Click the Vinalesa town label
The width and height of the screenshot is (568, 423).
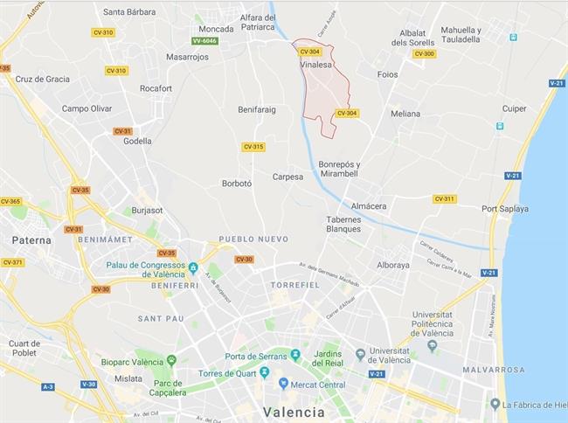(x=315, y=65)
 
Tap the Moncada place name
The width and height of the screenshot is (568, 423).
(x=216, y=29)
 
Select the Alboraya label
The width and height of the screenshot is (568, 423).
(x=393, y=265)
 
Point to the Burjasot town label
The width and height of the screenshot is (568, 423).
(x=147, y=211)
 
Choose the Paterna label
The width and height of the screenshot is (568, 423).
(x=31, y=239)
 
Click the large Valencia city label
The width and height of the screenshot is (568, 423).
(x=294, y=412)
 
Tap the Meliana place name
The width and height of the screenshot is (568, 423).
(x=405, y=114)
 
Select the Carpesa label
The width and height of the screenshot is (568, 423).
(x=287, y=177)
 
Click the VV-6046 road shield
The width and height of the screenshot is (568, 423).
(x=204, y=41)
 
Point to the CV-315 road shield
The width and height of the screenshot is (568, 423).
(x=253, y=147)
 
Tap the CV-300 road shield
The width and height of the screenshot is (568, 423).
(x=424, y=54)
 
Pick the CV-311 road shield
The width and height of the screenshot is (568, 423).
(x=444, y=198)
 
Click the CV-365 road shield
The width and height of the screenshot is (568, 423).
(x=10, y=202)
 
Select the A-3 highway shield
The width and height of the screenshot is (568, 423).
(x=47, y=385)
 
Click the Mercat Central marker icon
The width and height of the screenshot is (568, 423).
(x=283, y=383)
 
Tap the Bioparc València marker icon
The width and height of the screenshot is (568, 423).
(x=171, y=360)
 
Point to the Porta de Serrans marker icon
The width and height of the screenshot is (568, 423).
(x=294, y=355)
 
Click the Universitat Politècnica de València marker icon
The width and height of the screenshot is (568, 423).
(x=432, y=346)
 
